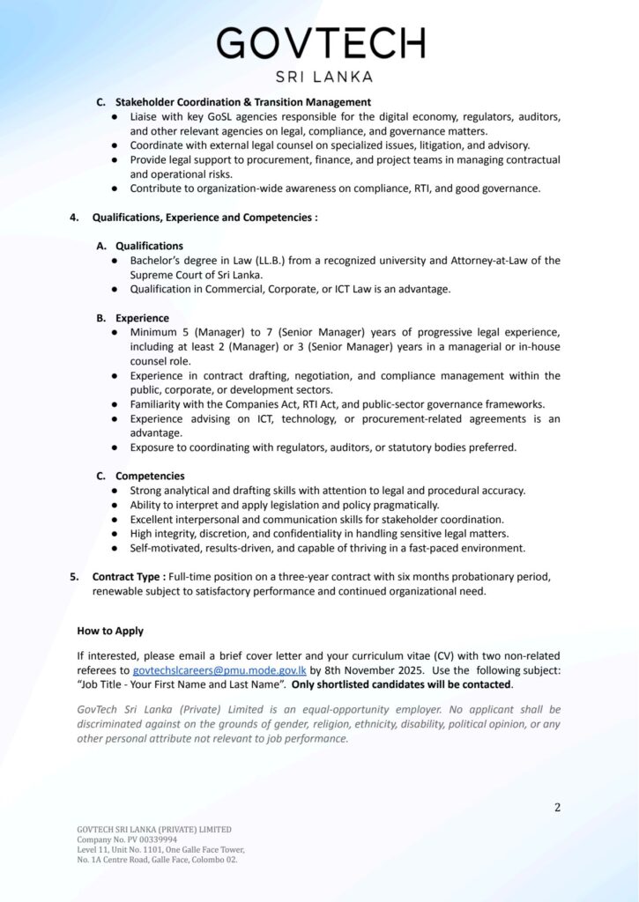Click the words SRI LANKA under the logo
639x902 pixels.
point(323,77)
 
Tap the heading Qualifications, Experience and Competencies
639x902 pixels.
point(204,217)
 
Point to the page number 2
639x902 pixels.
point(557,807)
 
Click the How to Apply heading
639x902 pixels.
point(110,631)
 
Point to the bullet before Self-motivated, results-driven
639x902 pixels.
point(115,548)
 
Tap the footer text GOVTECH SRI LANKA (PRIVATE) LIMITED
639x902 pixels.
point(154,829)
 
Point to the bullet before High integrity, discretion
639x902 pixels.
point(115,534)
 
